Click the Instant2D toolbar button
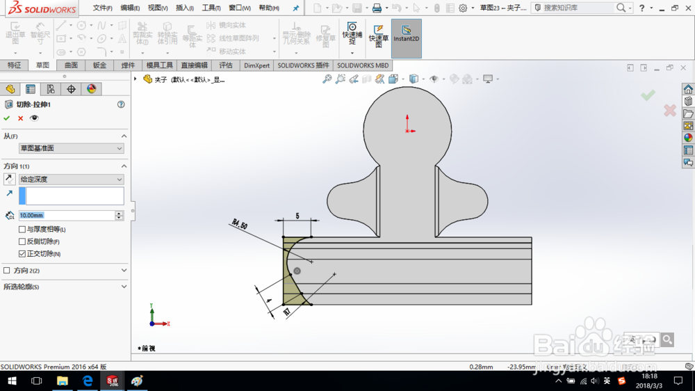tap(406, 38)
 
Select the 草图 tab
tap(42, 65)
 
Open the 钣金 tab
tap(99, 65)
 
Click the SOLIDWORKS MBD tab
tap(362, 65)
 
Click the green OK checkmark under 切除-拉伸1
tap(7, 118)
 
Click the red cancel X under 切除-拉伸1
tap(20, 118)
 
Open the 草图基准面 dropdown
tap(71, 148)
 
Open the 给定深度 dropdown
tap(71, 179)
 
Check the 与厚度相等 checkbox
tap(22, 230)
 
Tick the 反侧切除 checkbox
tap(22, 241)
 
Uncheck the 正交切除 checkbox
tap(22, 254)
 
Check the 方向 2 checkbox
tap(7, 271)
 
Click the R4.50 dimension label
tap(239, 224)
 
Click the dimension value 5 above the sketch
tap(297, 216)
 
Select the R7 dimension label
tap(286, 313)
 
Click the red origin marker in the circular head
tap(408, 129)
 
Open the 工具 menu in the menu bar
tap(211, 8)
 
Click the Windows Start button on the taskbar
tap(12, 381)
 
